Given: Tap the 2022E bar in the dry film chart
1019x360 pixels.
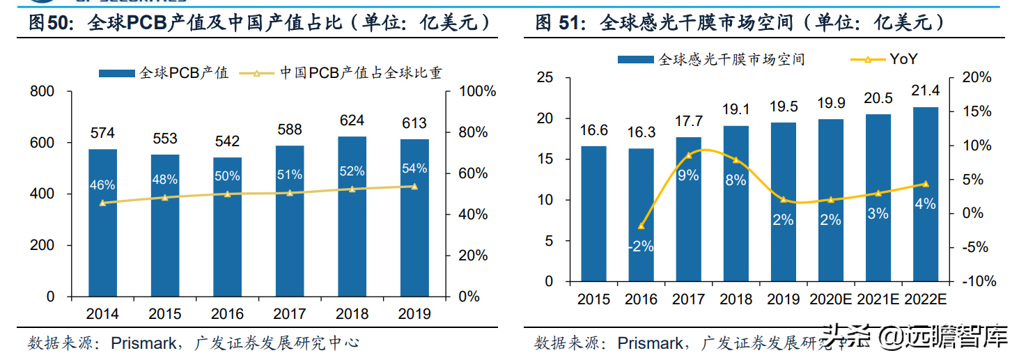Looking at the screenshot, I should (x=925, y=202).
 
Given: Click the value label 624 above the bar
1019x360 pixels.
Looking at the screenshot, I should (x=352, y=121).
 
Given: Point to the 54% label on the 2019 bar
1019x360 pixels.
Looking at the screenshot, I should (x=414, y=169).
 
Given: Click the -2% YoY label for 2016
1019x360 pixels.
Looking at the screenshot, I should (x=641, y=246).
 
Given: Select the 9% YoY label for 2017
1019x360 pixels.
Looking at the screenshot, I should (x=688, y=175).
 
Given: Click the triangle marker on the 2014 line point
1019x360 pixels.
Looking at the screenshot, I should (x=102, y=203).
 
